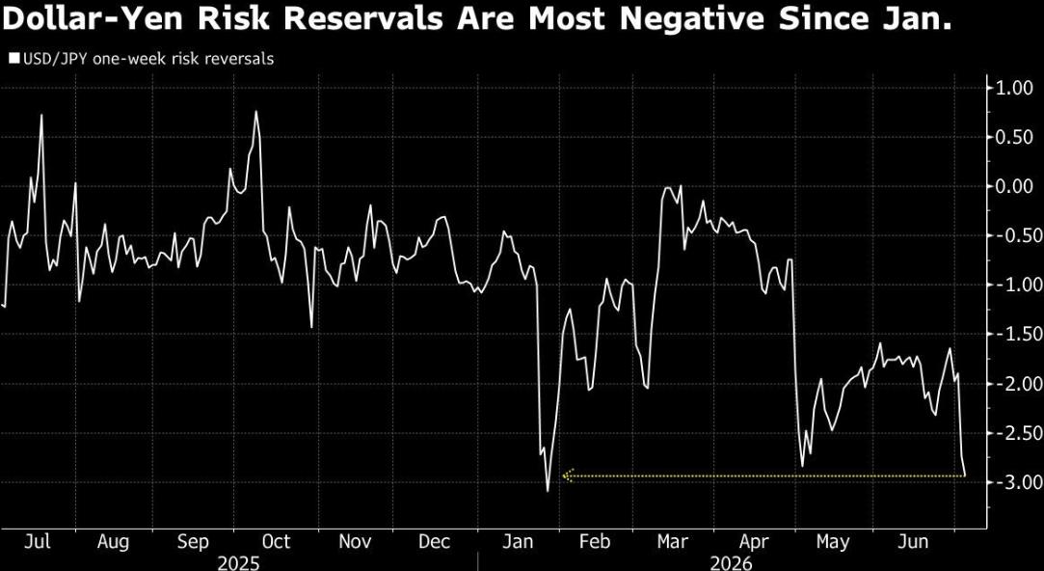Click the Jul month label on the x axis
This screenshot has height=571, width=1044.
click(38, 542)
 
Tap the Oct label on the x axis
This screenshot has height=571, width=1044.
click(276, 542)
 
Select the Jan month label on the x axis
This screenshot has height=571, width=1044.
click(518, 542)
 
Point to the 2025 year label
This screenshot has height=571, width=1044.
click(238, 563)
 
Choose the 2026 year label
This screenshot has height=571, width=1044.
click(731, 563)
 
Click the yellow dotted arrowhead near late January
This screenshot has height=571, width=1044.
click(567, 476)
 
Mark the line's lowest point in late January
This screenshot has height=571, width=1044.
click(548, 492)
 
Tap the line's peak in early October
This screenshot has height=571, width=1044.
click(255, 111)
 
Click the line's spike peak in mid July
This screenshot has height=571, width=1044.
click(41, 116)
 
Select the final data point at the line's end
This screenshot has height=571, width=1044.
click(965, 476)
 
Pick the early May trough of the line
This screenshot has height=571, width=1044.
click(802, 466)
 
